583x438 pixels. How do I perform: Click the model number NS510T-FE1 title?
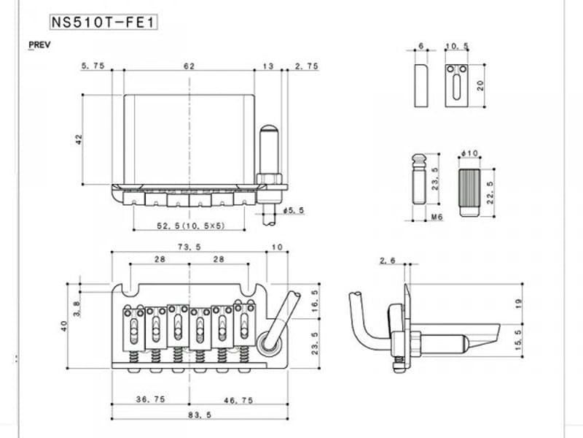tap(103, 23)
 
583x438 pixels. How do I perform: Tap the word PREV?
tap(39, 45)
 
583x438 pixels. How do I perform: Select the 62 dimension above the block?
tap(189, 66)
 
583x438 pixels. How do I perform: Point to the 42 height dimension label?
tap(79, 139)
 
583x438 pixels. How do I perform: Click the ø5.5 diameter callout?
tap(294, 210)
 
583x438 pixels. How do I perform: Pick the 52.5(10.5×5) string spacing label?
tap(191, 226)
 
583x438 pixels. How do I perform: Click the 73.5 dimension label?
tap(189, 247)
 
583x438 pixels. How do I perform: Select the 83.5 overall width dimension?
tap(200, 415)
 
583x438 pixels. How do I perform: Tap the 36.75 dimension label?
tap(150, 399)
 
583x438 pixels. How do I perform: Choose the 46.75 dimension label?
tap(238, 400)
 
